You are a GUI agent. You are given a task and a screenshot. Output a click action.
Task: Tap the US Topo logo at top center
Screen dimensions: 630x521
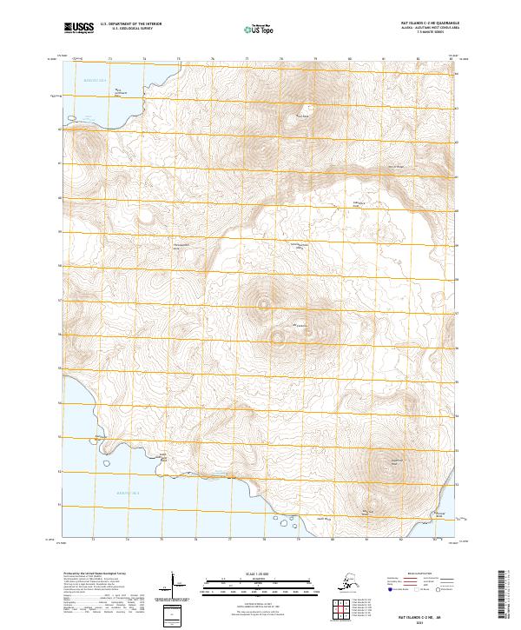[x=259, y=30]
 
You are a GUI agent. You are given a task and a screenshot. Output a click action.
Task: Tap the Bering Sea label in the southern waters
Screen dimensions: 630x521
[x=129, y=492]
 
